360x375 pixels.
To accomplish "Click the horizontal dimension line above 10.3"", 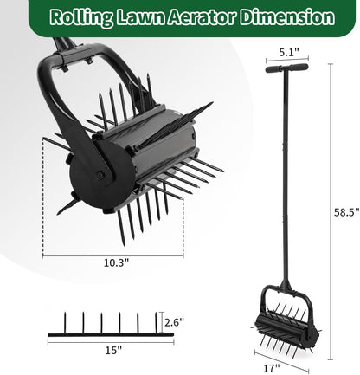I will pos(112,253).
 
